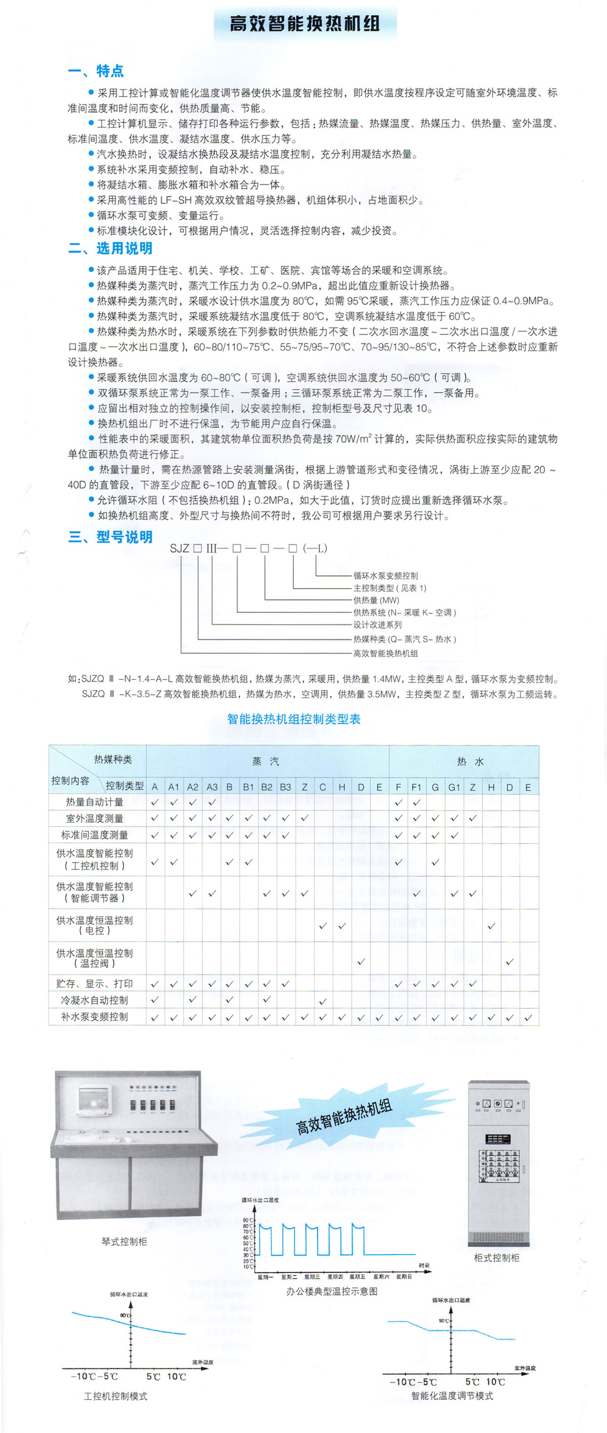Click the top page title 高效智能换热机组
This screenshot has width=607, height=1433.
(305, 24)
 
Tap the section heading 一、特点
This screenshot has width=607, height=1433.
(96, 71)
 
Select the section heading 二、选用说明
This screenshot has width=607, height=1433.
(110, 248)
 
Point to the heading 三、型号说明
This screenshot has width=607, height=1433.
(110, 537)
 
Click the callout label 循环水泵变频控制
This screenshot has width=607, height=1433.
(385, 576)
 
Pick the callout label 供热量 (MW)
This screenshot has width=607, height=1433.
(376, 600)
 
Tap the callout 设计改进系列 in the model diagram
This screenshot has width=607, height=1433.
(377, 625)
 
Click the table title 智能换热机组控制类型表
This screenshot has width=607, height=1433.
(294, 719)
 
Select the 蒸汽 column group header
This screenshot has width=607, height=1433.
(266, 762)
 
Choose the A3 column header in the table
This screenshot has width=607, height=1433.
(212, 787)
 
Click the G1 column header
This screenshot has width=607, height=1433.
(454, 787)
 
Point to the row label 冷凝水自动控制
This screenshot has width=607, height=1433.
(95, 1000)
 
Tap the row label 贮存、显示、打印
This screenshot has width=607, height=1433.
(95, 983)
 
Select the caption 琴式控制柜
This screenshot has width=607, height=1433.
(124, 1242)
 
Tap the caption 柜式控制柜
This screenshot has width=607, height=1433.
(496, 1258)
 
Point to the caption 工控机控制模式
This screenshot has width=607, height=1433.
(116, 1396)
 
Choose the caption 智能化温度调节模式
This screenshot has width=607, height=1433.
(452, 1396)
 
